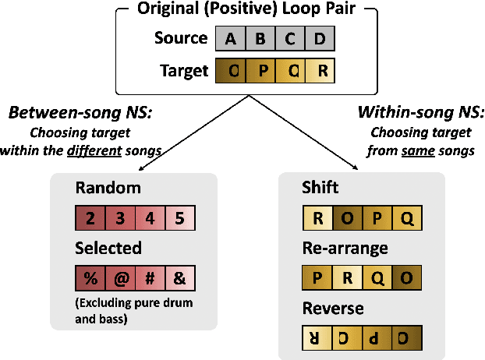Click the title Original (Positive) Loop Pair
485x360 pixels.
(246, 9)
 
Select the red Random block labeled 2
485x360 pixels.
(90, 217)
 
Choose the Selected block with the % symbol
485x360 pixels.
(90, 277)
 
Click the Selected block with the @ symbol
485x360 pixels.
(120, 277)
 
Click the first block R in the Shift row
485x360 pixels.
(317, 217)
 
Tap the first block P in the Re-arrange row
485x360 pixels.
(317, 277)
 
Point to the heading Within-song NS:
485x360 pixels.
(413, 114)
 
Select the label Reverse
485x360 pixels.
(332, 309)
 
